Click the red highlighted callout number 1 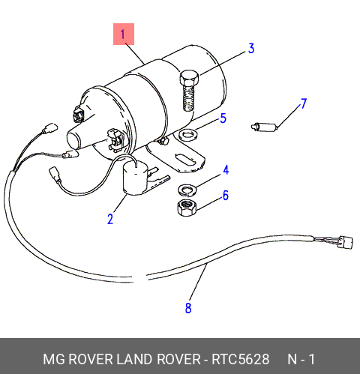[x=124, y=34]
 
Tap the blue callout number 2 [x=110, y=219]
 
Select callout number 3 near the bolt [x=251, y=49]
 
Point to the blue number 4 [x=226, y=170]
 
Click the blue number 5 [x=223, y=118]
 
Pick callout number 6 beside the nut [x=226, y=195]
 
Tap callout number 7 [x=304, y=103]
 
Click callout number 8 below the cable [x=188, y=308]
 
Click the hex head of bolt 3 [x=189, y=77]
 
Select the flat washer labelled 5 [x=189, y=135]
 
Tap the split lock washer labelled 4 [x=187, y=189]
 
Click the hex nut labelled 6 [x=187, y=208]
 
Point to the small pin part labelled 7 [x=264, y=127]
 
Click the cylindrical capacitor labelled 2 [x=135, y=178]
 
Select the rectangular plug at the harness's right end [x=345, y=242]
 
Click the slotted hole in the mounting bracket [x=186, y=160]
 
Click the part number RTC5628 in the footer [x=241, y=359]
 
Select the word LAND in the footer [x=134, y=359]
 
